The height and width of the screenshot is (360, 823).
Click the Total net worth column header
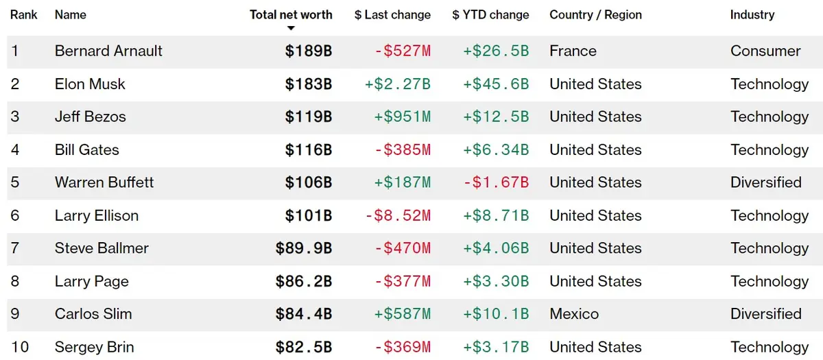coord(291,14)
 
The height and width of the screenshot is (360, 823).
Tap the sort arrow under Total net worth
coord(291,28)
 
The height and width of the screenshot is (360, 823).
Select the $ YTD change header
coord(490,14)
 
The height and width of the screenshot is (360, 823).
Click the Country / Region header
coord(595,14)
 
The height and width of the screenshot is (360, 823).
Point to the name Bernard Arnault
coord(108,51)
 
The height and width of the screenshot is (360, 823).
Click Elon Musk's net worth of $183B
coord(309,84)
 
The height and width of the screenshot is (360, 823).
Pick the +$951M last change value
coord(403,117)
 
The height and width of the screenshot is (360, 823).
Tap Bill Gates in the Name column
coord(87,149)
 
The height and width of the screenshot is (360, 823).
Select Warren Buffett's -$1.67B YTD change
coord(496,182)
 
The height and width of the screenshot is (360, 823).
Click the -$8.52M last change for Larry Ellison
coord(398,215)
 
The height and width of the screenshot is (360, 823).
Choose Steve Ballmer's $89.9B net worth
coord(304,248)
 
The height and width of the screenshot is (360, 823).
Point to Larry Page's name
coord(92,281)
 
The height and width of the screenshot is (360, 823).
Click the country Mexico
coord(574,314)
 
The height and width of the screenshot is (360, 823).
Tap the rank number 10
coord(20,347)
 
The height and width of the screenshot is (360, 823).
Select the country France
coord(573,51)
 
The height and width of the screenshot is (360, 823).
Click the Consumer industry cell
coord(765,51)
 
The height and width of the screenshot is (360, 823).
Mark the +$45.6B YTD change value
coord(496,84)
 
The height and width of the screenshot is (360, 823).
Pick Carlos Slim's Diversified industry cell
coord(766,314)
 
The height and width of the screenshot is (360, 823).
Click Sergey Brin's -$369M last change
coord(403,347)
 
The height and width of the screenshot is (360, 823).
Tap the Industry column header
coord(752,14)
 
